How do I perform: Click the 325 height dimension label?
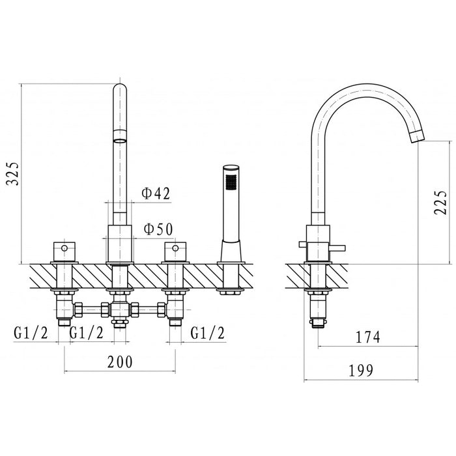(x=14, y=174)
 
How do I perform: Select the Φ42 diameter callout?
(x=156, y=193)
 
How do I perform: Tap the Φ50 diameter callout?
(x=158, y=229)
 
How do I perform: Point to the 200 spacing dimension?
(x=120, y=362)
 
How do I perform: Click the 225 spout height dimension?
(x=440, y=203)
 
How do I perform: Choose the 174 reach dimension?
(x=368, y=337)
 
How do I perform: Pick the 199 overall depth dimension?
(x=361, y=370)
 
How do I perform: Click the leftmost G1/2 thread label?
(x=31, y=333)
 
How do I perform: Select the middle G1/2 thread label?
(x=86, y=333)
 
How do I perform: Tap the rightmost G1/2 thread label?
(x=208, y=333)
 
